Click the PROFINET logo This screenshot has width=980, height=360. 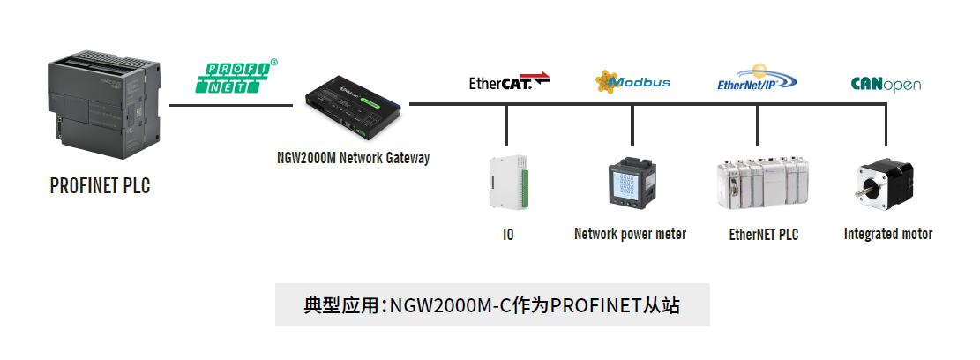coord(237,76)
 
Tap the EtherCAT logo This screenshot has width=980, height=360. coord(509,81)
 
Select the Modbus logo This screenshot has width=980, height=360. coord(632,82)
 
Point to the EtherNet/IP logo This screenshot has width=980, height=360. coord(758,78)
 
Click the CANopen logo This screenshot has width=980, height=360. coord(886,84)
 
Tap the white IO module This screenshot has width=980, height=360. coord(508,181)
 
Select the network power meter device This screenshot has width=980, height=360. coord(632,183)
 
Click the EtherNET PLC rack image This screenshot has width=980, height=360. coord(762,182)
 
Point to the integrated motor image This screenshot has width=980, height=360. coord(885,184)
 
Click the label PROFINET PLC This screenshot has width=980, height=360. coord(100,185)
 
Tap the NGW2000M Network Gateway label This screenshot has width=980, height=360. coord(353,157)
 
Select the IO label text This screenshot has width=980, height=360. coord(508,235)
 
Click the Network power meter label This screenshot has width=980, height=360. coord(630,234)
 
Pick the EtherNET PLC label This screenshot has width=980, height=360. coord(764,235)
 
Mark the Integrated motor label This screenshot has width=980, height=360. coord(888,234)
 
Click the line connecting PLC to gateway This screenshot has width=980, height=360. coord(231,105)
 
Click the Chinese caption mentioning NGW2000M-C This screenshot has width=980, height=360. coord(492,305)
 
